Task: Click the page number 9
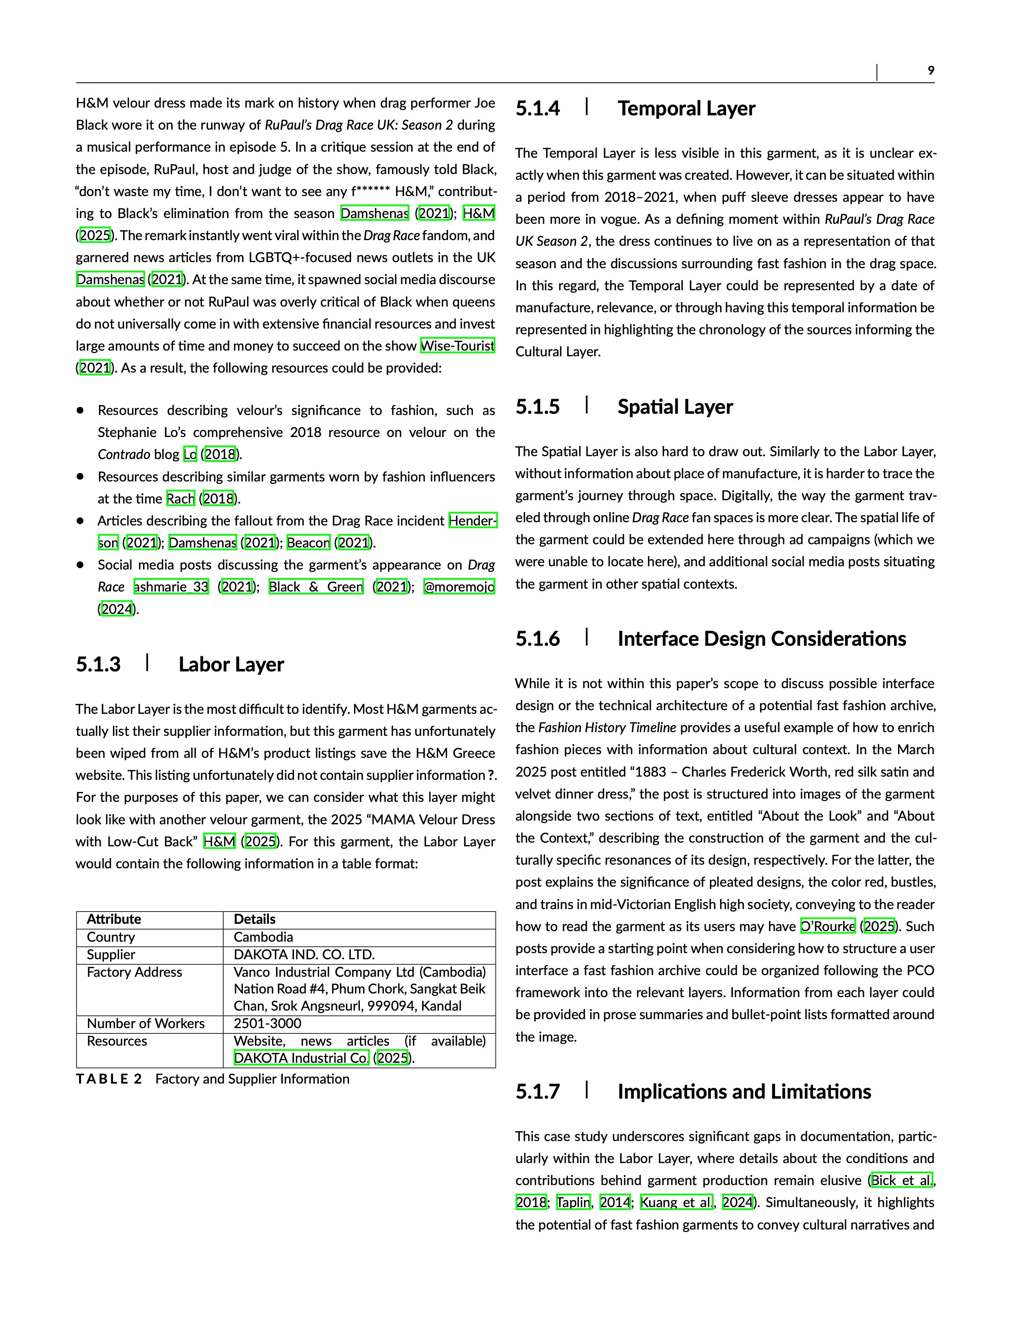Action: pyautogui.click(x=930, y=71)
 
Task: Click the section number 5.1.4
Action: pyautogui.click(x=537, y=109)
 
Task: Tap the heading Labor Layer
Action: pyautogui.click(x=231, y=664)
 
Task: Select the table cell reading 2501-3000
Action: pyautogui.click(x=267, y=1023)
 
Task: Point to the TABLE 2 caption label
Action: pyautogui.click(x=109, y=1079)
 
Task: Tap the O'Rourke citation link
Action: pyautogui.click(x=828, y=926)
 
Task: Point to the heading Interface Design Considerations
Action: pyautogui.click(x=761, y=639)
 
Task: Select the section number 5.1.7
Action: pyautogui.click(x=537, y=1092)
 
